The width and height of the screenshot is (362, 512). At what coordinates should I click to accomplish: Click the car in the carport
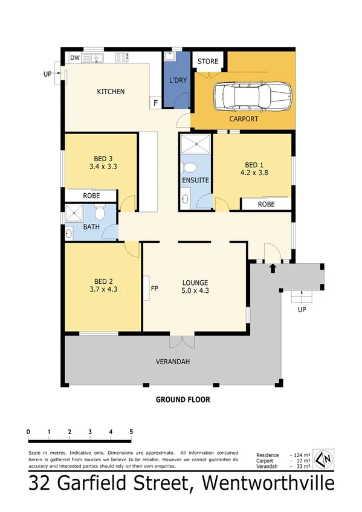(253, 95)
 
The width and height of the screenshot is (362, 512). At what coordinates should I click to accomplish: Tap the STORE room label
(207, 60)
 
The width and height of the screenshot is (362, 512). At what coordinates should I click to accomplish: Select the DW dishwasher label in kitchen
(75, 58)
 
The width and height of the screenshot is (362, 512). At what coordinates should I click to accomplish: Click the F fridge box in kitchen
(156, 103)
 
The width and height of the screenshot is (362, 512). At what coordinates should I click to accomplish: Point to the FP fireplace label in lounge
(154, 288)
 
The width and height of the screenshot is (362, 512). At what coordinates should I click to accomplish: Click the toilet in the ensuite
(190, 167)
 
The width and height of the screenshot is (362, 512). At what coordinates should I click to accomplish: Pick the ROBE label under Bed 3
(91, 196)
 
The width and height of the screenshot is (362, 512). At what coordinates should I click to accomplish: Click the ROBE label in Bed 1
(266, 205)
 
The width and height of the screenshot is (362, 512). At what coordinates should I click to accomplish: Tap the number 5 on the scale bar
(131, 431)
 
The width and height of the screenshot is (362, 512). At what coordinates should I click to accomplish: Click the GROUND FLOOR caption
(183, 400)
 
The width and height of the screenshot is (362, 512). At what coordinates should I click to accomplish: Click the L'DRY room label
(178, 80)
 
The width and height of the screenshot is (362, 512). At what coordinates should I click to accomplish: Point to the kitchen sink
(94, 58)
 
